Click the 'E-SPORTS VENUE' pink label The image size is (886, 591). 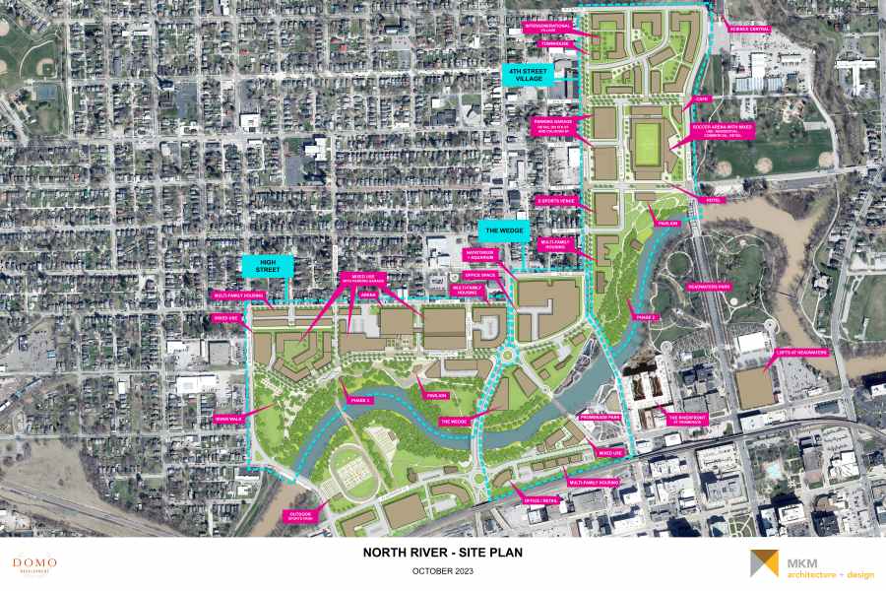click(555, 200)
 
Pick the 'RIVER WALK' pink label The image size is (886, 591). click(228, 418)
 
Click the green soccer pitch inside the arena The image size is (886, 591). click(647, 142)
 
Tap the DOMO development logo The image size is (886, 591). click(34, 565)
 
